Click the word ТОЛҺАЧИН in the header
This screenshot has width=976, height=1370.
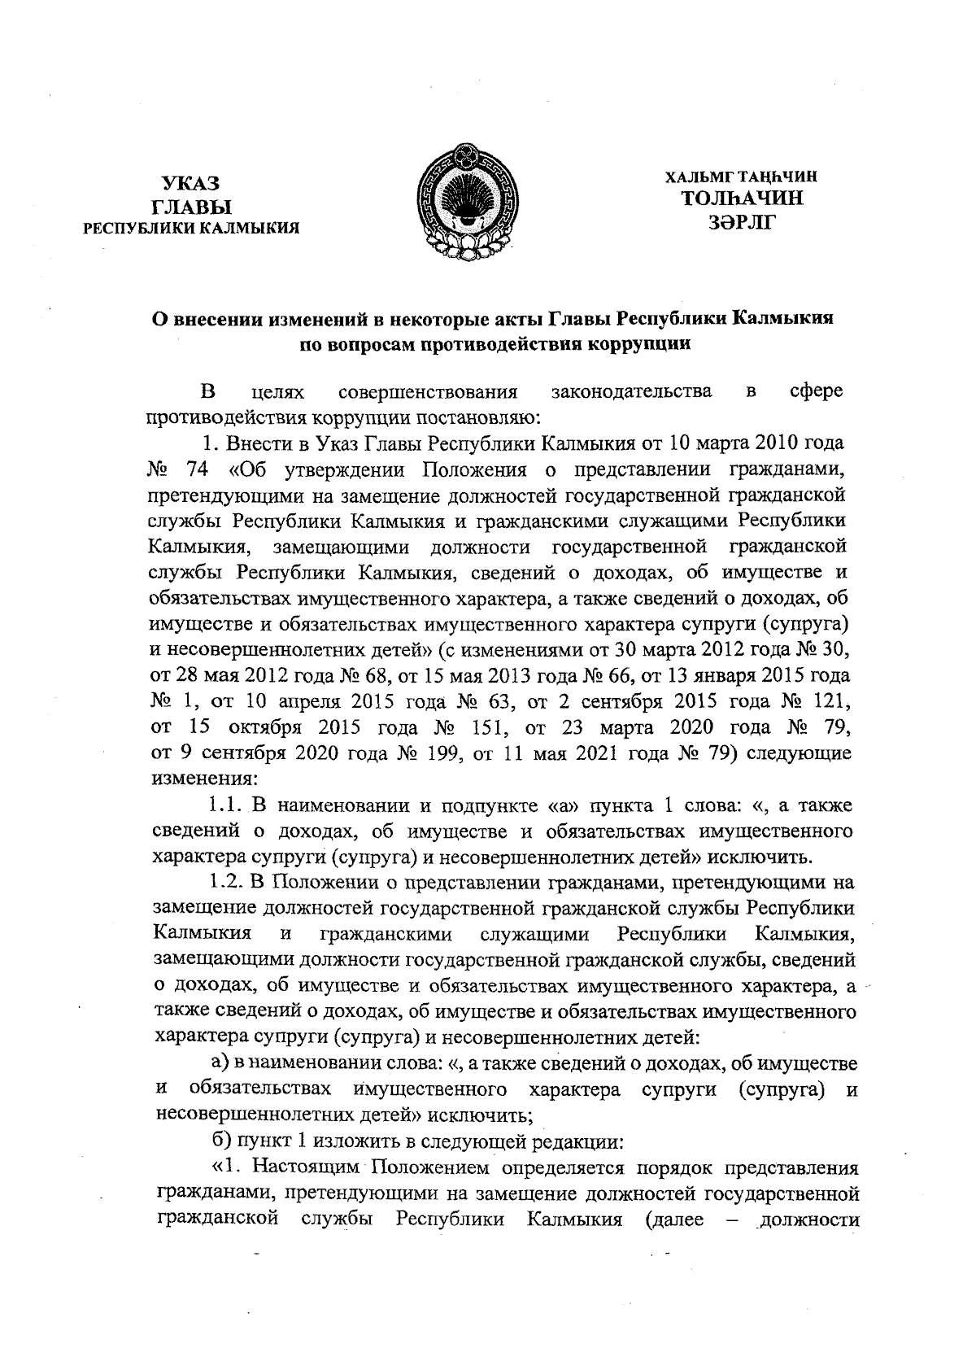(742, 198)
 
